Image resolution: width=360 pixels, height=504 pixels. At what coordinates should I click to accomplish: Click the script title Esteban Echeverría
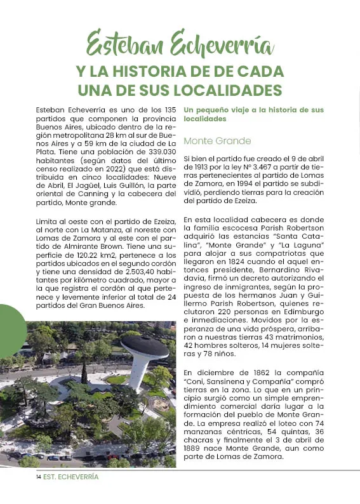point(180,45)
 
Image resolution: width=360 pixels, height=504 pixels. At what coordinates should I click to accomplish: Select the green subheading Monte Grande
point(217,140)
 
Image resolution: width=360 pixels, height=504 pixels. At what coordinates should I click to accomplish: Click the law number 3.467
point(263,166)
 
